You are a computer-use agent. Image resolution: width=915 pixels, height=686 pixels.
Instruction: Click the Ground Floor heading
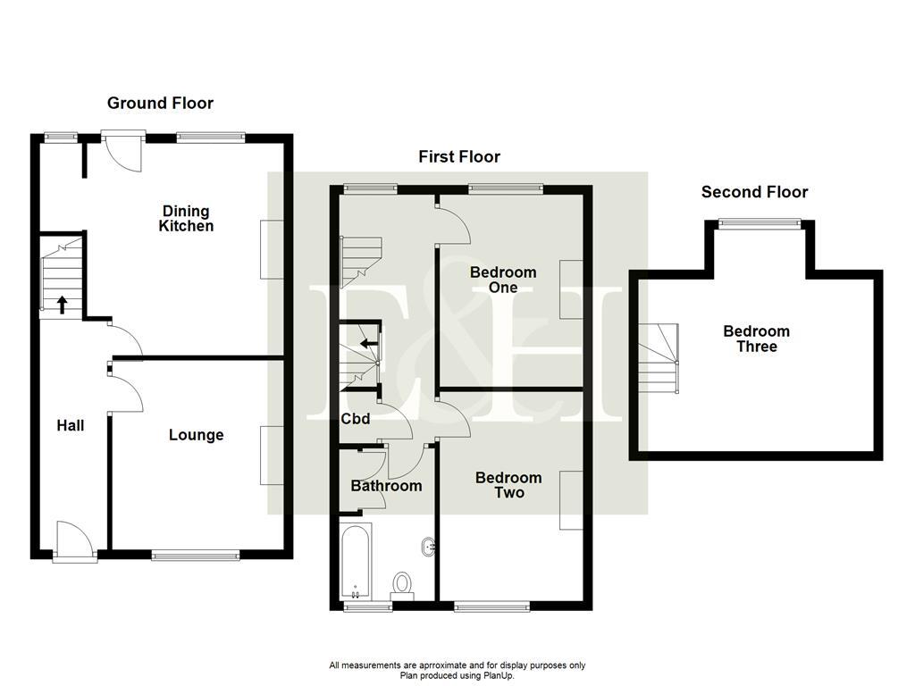160,104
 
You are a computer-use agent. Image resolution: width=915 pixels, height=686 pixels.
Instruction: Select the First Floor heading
459,157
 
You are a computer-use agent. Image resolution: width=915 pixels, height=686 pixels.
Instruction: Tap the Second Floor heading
754,192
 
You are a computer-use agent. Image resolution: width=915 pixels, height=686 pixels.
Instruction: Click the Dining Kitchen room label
186,219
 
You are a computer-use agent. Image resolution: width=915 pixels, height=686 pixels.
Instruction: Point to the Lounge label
197,435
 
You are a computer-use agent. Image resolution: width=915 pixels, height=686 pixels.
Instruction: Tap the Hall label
71,425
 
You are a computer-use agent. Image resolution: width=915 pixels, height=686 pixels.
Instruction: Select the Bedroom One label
503,280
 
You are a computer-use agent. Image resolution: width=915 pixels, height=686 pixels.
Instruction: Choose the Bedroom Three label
756,339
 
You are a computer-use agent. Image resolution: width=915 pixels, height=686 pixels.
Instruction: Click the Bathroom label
386,486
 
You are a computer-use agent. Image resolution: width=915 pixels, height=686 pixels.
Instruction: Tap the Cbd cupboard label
356,418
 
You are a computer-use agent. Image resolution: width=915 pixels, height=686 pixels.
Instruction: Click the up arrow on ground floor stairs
62,305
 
